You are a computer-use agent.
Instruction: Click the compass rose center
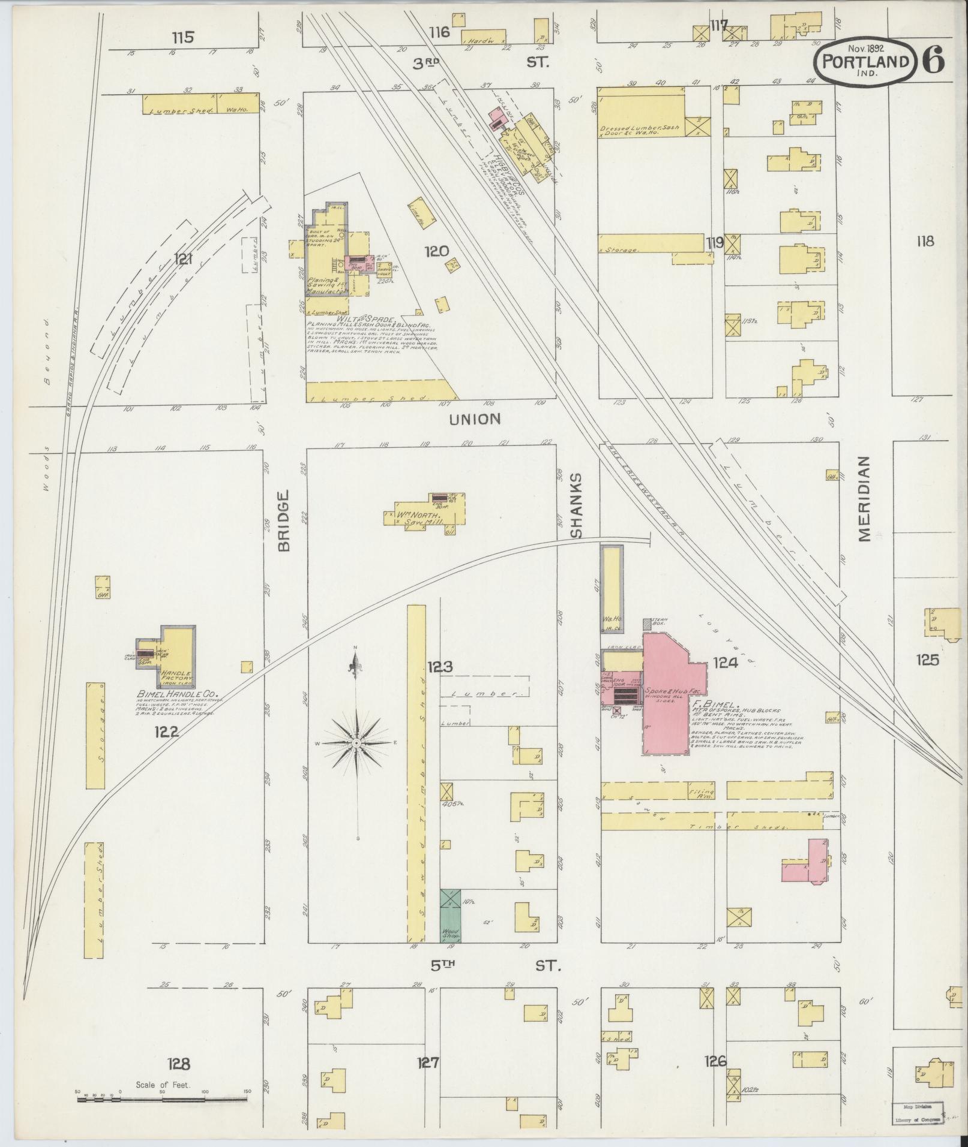pos(356,743)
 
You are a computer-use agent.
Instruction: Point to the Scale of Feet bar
pos(162,1100)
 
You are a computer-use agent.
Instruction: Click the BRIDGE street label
pos(284,520)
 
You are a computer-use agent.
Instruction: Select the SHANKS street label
pos(577,505)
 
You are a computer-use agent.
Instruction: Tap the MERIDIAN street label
pos(864,499)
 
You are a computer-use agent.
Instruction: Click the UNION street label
pos(474,419)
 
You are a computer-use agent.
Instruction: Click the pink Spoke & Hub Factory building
pos(666,696)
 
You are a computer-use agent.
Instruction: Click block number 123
pos(440,666)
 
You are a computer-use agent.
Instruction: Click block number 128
pos(178,1064)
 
